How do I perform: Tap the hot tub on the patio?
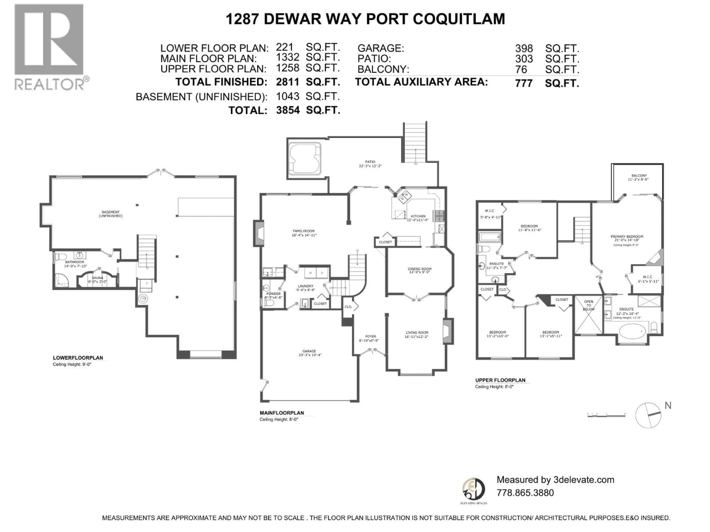pos(304,159)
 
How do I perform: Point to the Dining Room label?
pos(420,269)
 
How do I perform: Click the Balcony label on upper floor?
pos(639,176)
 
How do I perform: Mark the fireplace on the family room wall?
pos(259,233)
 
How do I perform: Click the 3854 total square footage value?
pos(288,110)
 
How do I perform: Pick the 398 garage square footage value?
pos(524,49)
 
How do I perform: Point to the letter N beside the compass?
pos(668,406)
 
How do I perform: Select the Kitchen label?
pos(418,216)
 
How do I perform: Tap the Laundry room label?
pos(305,286)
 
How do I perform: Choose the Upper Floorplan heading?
pos(500,380)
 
